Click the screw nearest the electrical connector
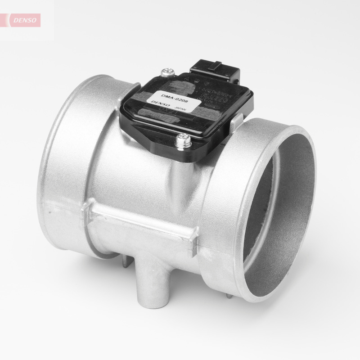coord(167,72)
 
